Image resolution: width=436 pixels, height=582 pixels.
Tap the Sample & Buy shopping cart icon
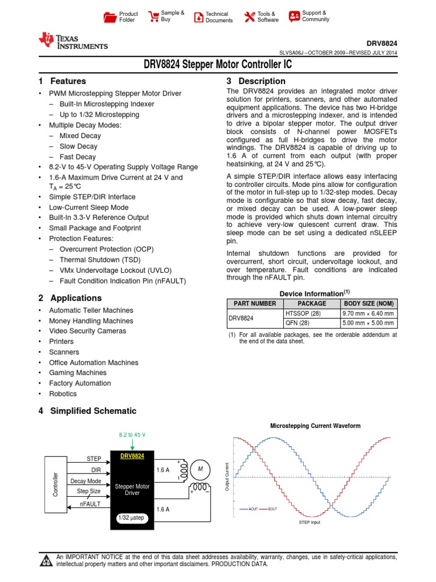coord(153,16)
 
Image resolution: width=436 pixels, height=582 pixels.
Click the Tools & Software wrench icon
coord(250,17)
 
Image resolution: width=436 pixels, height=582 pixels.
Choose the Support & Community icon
coord(294,16)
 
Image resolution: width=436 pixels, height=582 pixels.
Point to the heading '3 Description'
coord(256,81)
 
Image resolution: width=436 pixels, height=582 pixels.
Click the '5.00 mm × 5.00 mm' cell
coord(368,323)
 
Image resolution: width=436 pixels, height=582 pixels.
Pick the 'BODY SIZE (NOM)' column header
coord(368,304)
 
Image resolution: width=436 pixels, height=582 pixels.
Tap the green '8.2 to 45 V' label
coord(132,434)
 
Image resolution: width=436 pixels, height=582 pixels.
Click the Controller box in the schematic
coord(56,483)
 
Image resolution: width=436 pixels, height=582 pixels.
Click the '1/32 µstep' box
coord(131,518)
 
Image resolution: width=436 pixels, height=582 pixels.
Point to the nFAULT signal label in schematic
coord(90,502)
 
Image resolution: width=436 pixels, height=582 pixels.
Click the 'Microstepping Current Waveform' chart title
coord(315,426)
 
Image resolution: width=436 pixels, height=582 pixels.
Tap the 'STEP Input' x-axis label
coord(309,522)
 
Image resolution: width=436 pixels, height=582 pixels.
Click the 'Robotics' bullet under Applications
coord(62,393)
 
